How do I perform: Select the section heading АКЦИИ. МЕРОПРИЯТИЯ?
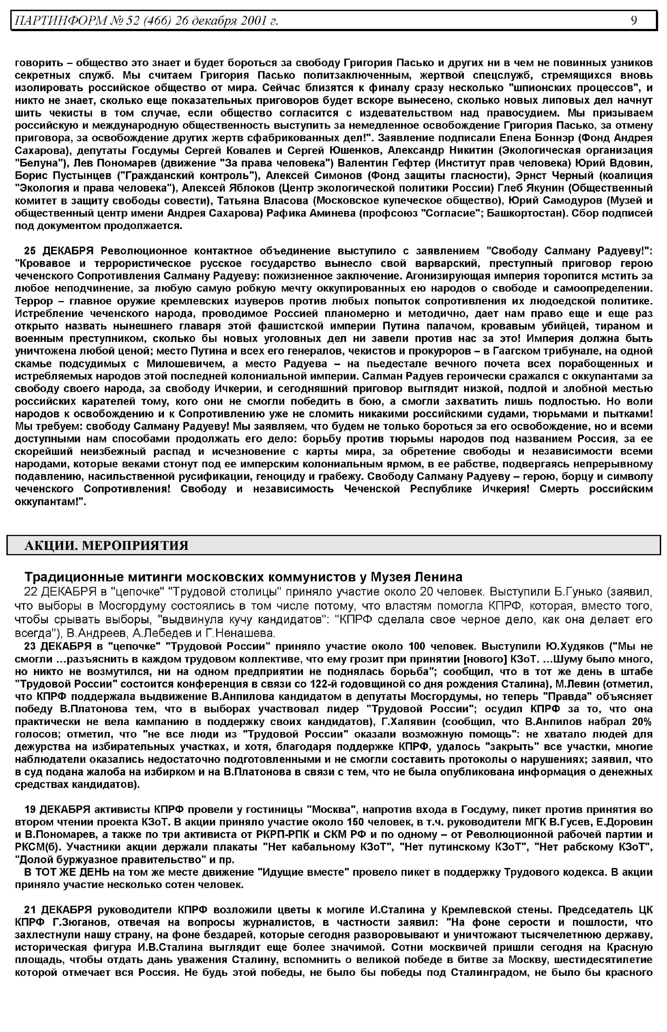[106, 545]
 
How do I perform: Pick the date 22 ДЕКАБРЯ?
[58, 592]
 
